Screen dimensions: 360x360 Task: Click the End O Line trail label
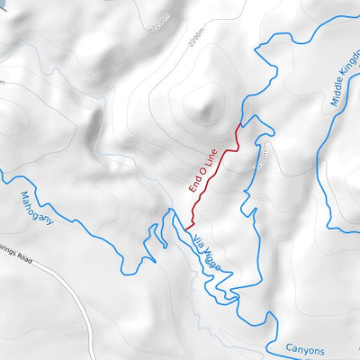tap(203, 172)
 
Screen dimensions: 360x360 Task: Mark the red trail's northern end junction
tap(239, 124)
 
